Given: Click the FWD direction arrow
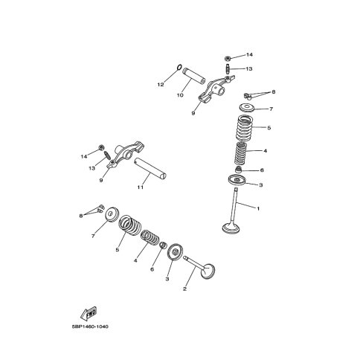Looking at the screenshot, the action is click(x=89, y=314).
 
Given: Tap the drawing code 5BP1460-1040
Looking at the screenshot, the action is click(x=90, y=327).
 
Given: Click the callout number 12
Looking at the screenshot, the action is click(x=161, y=85).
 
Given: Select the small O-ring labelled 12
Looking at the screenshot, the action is click(x=179, y=67).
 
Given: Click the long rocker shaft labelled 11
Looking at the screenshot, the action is click(x=150, y=169).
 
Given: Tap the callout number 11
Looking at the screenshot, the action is click(x=141, y=187).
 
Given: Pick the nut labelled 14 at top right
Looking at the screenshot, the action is click(x=228, y=59).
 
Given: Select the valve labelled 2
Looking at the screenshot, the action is click(x=199, y=268).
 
